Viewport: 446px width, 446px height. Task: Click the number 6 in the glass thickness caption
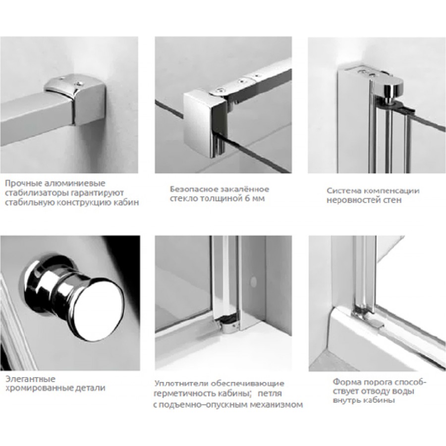coord(247,198)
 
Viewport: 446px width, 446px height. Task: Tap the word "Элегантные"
coord(30,379)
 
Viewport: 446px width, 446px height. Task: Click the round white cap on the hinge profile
coord(252,281)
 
